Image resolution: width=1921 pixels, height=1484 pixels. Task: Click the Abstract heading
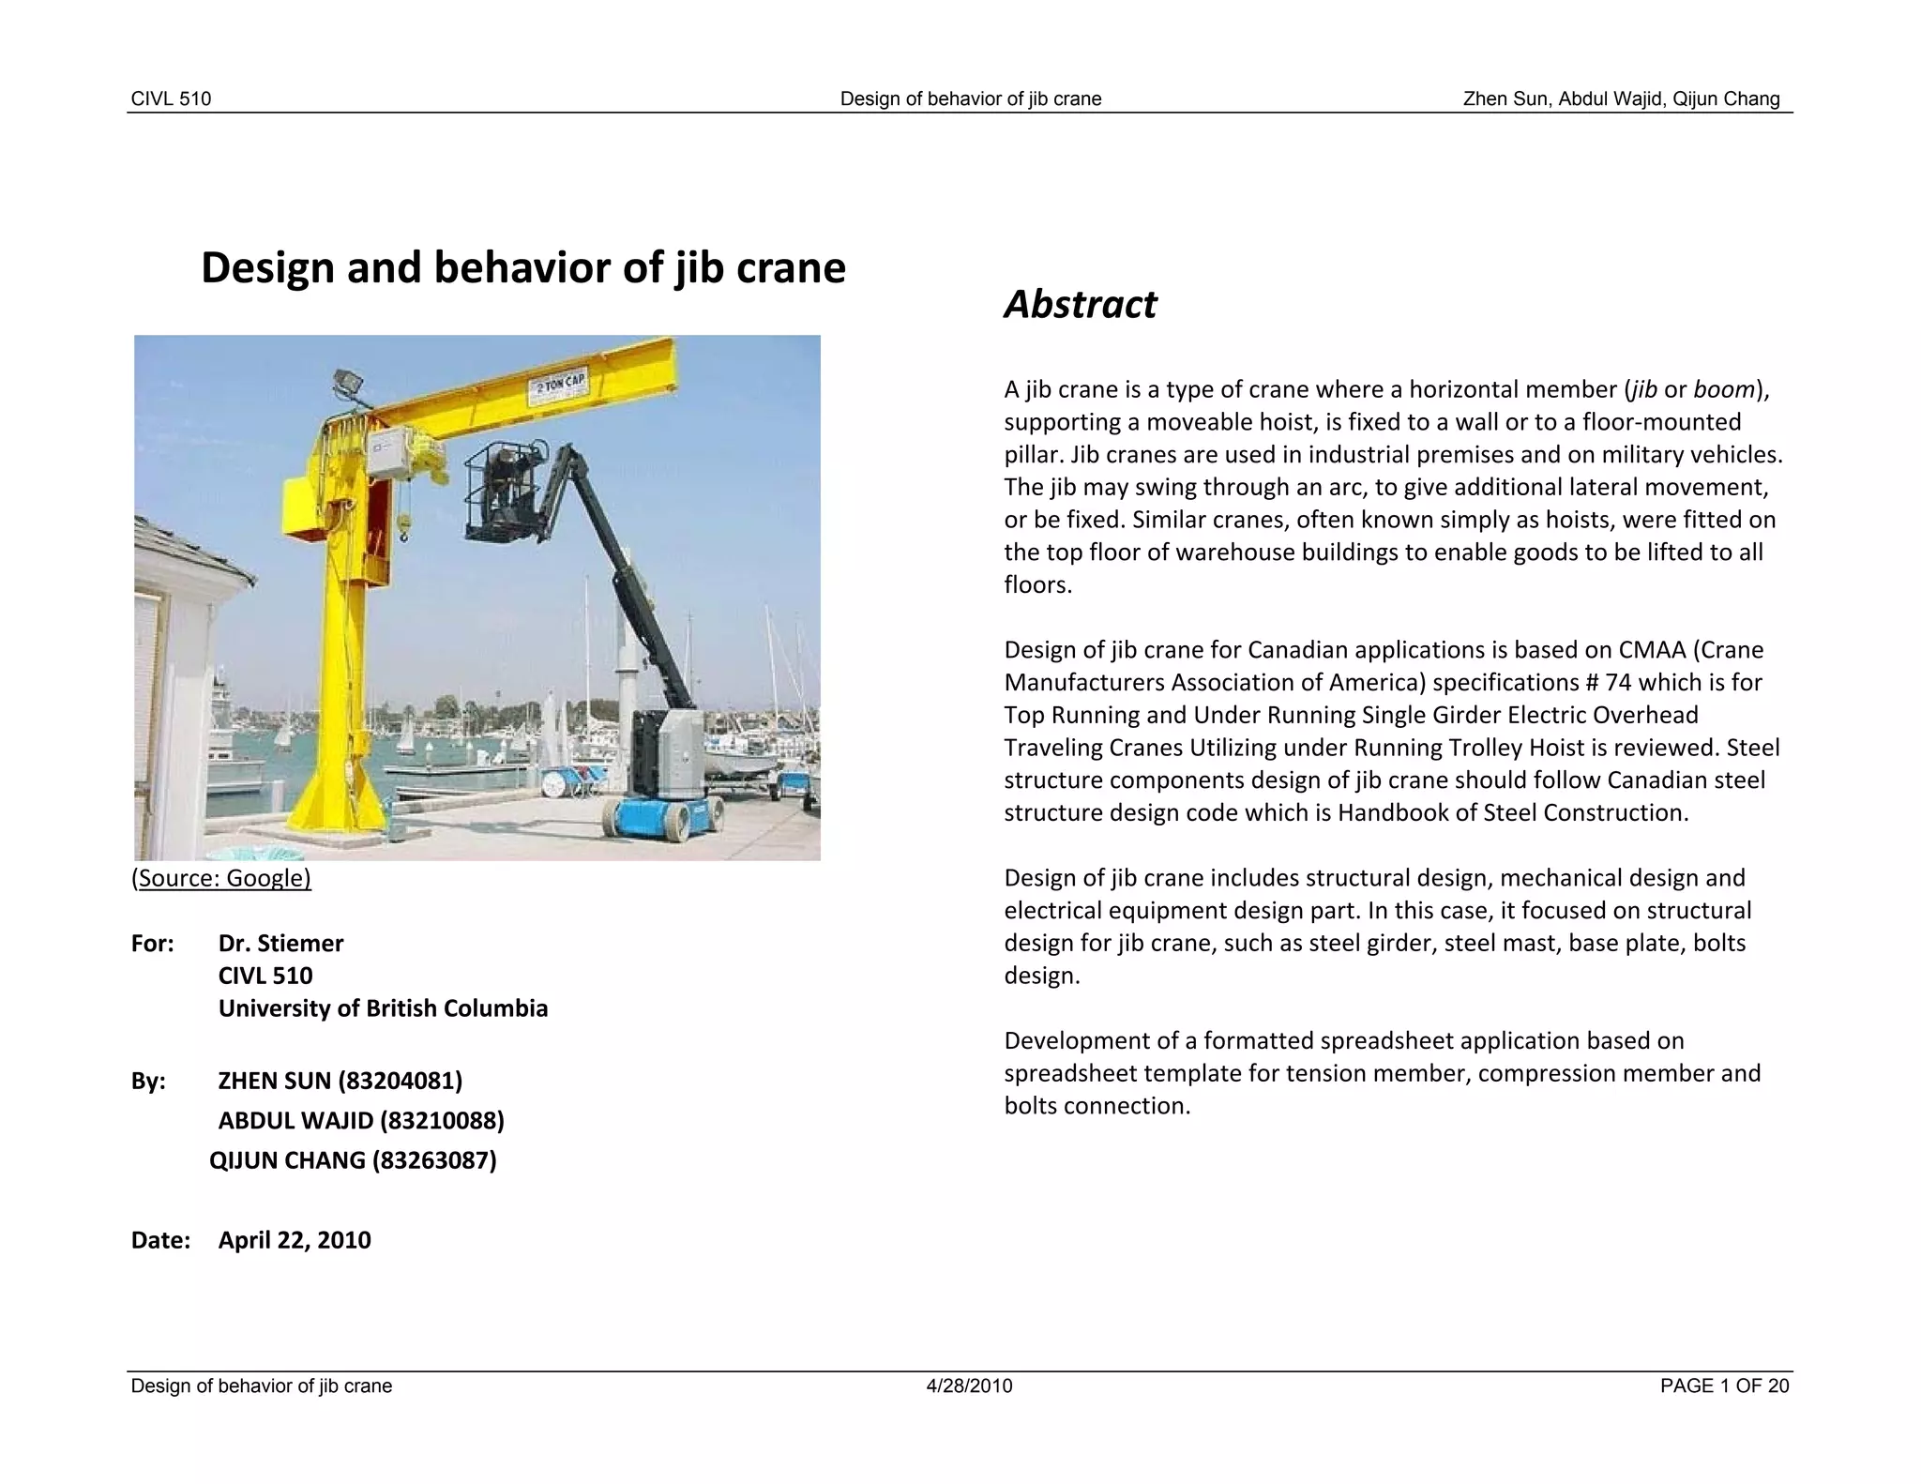[1080, 305]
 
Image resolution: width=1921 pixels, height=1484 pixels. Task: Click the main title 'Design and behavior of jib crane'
[522, 268]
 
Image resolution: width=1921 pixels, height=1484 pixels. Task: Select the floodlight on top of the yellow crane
[349, 382]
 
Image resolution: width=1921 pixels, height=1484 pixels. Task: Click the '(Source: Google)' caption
[221, 878]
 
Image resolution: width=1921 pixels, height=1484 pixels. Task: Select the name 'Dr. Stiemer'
[280, 944]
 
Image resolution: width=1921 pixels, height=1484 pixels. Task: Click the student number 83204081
[401, 1082]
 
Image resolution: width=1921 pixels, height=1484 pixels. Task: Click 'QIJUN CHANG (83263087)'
[353, 1160]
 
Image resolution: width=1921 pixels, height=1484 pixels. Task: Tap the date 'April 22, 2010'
[295, 1240]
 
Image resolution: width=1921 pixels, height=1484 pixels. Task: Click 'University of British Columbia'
[383, 1008]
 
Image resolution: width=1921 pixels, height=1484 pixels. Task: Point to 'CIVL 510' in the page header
[171, 99]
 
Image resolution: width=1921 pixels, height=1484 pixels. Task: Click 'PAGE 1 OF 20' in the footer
[1724, 1386]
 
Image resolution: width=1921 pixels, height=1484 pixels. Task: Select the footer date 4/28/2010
[969, 1386]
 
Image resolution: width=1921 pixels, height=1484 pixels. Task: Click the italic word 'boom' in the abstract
[1723, 389]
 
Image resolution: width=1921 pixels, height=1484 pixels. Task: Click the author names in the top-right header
[1621, 99]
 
